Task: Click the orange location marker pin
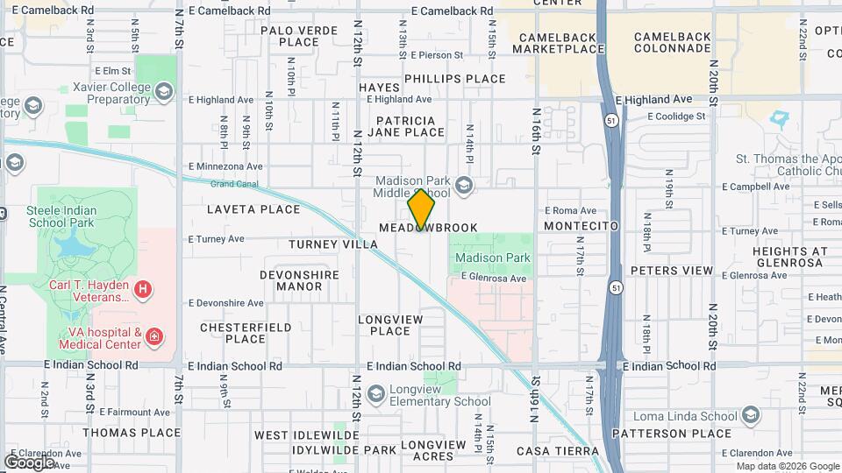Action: tap(421, 209)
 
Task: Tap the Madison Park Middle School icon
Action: tap(464, 184)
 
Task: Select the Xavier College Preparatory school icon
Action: tap(164, 90)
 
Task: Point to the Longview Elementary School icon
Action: tap(376, 393)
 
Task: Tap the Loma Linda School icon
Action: tap(750, 413)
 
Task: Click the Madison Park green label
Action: tap(492, 258)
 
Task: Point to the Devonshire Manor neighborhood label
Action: tap(299, 280)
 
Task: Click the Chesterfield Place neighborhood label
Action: tap(245, 333)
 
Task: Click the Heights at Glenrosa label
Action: tap(789, 257)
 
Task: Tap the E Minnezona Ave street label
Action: tap(225, 166)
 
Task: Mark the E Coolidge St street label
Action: tap(675, 116)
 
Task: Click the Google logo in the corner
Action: tap(29, 462)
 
